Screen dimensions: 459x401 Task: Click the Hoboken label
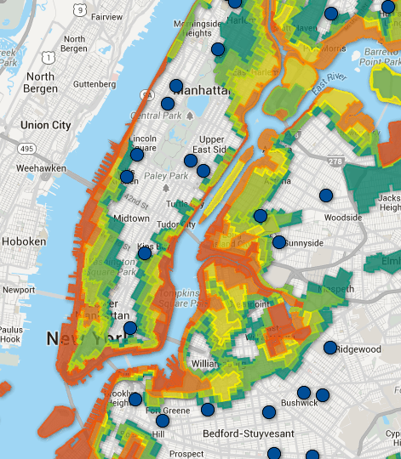(x=29, y=241)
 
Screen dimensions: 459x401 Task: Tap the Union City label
(x=45, y=125)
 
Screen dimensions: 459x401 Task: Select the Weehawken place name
(x=41, y=168)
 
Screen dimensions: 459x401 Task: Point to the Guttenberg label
(x=94, y=84)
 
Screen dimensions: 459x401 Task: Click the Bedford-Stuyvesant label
(x=248, y=433)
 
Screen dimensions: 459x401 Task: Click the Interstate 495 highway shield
(x=26, y=150)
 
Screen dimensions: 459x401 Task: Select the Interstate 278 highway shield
(x=335, y=161)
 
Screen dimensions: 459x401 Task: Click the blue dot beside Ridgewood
(x=330, y=347)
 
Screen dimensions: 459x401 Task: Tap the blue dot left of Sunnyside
(x=279, y=242)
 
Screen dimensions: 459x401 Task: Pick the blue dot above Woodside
(x=325, y=195)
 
